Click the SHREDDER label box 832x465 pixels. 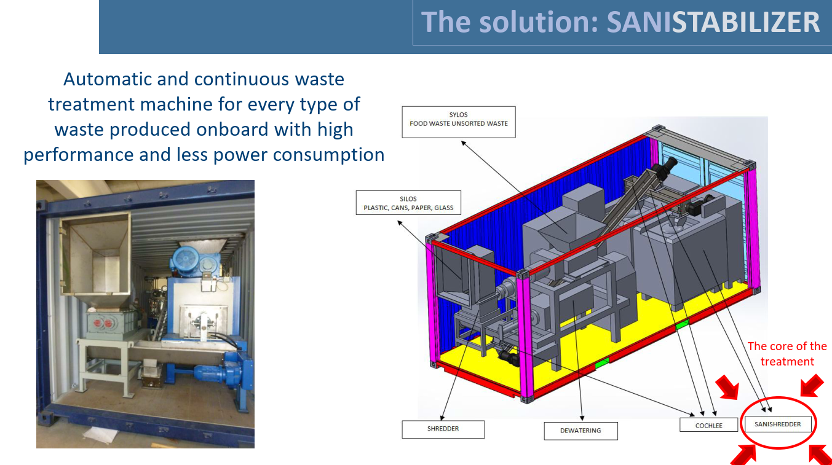(x=443, y=429)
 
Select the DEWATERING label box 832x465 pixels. (x=580, y=431)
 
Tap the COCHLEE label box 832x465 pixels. (x=709, y=424)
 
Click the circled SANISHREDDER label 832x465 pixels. (x=777, y=424)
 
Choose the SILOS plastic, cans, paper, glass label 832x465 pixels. (x=408, y=203)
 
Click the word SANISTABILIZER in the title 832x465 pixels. (x=713, y=22)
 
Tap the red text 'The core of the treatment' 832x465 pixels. (x=787, y=354)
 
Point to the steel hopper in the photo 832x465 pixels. (x=95, y=258)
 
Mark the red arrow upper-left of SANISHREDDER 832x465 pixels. (x=729, y=388)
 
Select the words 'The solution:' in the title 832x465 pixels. (x=510, y=22)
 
